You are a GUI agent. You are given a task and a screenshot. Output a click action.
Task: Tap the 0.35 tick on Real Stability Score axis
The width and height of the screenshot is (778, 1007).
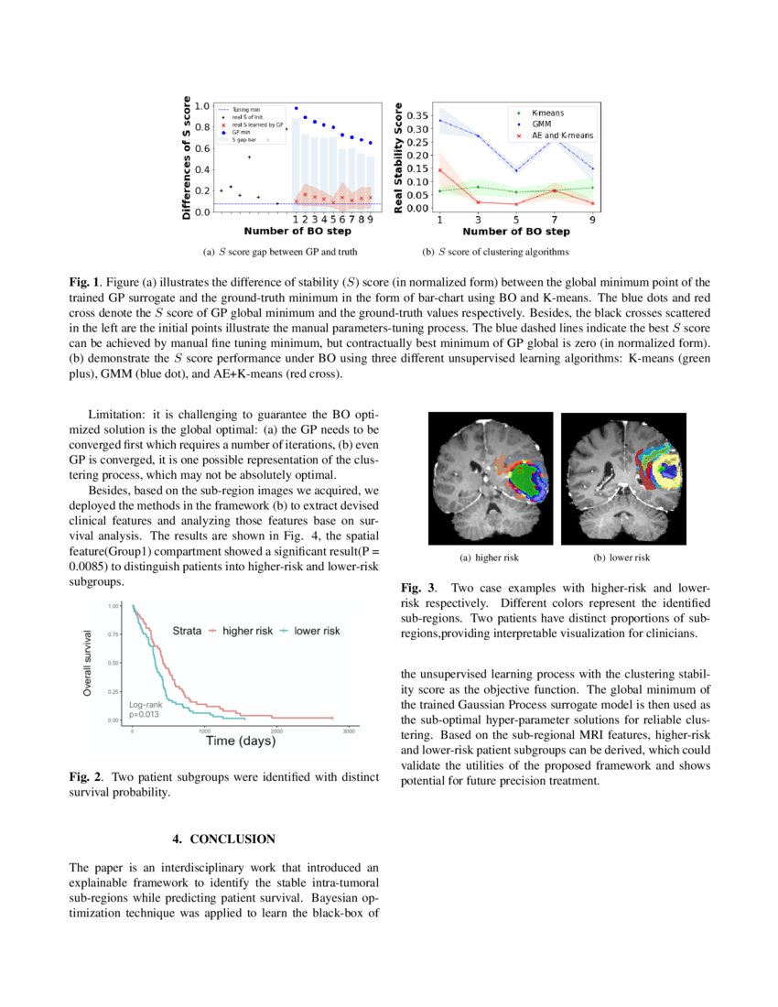tap(416, 115)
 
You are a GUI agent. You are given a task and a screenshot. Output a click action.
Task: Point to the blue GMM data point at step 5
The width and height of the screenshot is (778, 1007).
tap(516, 170)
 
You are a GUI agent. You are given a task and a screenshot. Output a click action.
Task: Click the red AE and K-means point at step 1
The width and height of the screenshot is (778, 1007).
tap(440, 170)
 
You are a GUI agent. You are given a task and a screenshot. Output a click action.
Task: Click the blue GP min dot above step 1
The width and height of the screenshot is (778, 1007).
tap(296, 108)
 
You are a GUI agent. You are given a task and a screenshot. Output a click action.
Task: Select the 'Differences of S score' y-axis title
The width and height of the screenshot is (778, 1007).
tap(187, 157)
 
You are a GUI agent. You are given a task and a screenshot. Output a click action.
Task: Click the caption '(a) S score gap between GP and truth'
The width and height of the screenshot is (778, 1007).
tap(279, 252)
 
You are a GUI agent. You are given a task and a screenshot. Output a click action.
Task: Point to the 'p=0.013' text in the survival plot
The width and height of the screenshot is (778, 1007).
tap(145, 713)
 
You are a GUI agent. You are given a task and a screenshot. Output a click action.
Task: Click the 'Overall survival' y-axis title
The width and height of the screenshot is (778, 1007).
tap(88, 663)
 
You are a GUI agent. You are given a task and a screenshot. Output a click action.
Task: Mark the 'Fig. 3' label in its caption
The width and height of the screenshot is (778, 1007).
tap(417, 587)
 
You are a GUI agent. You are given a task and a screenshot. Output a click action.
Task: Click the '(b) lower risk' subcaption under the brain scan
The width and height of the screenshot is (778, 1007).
tap(621, 558)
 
